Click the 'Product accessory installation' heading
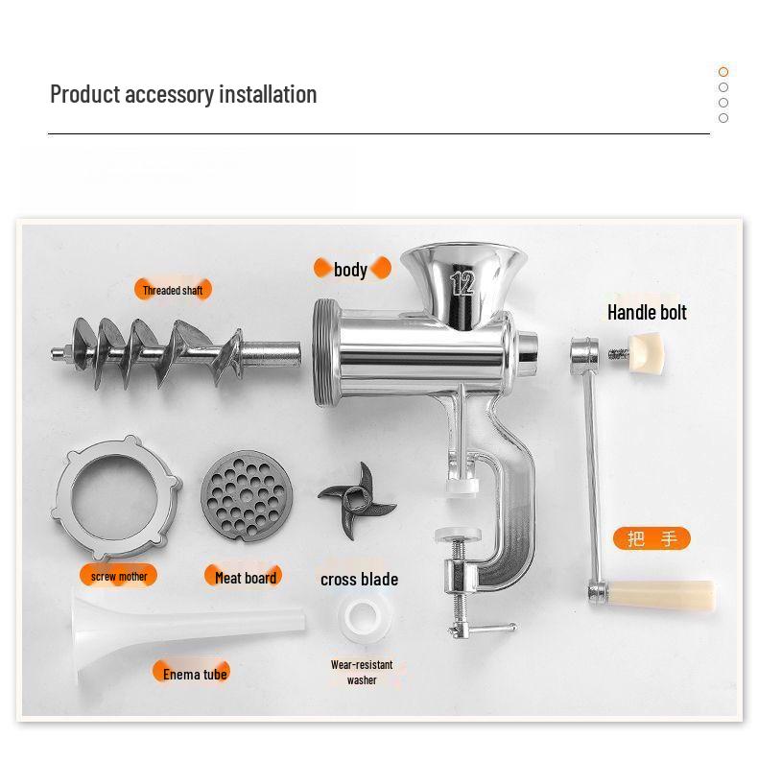[183, 94]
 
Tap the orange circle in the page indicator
[723, 72]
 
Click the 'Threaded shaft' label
[174, 290]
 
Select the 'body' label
[351, 269]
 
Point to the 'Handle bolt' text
[647, 312]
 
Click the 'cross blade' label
[359, 579]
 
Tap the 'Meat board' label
[246, 577]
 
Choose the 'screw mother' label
[119, 576]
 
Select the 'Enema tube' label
[195, 674]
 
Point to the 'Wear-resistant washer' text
[362, 672]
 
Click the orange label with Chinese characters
[652, 538]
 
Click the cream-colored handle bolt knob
[648, 350]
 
